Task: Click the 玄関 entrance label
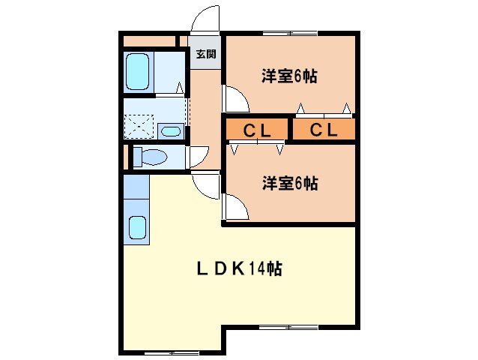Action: click(x=206, y=54)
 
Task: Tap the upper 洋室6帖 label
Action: click(x=289, y=76)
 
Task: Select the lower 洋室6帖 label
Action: click(x=289, y=182)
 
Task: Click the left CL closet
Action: click(x=256, y=130)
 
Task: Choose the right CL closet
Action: click(x=324, y=130)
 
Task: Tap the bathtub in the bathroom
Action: click(x=138, y=72)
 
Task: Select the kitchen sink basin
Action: click(x=137, y=228)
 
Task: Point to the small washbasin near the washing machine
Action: click(x=171, y=131)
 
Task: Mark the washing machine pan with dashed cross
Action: click(x=138, y=125)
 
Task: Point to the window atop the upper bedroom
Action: click(x=288, y=33)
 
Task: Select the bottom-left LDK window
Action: click(x=170, y=352)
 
